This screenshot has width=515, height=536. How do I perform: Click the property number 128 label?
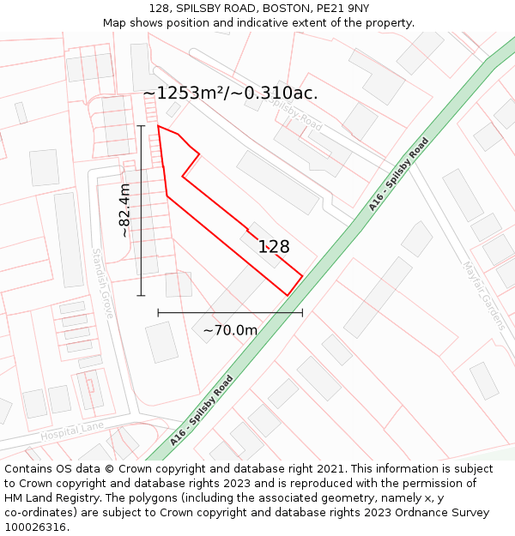point(274,247)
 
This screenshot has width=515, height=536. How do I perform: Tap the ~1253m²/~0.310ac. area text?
point(230,93)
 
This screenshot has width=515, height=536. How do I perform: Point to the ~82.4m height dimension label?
point(124,210)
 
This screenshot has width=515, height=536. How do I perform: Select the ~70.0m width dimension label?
point(230,330)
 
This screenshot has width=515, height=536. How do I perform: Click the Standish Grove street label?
point(102,283)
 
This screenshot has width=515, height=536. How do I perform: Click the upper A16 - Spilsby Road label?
point(398,174)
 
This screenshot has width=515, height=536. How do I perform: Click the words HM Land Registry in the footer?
point(58,498)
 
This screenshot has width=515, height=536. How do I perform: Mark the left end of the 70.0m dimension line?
point(158,313)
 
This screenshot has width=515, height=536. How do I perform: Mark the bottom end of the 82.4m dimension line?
point(141,296)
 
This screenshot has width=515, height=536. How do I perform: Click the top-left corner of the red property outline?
point(158,126)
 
